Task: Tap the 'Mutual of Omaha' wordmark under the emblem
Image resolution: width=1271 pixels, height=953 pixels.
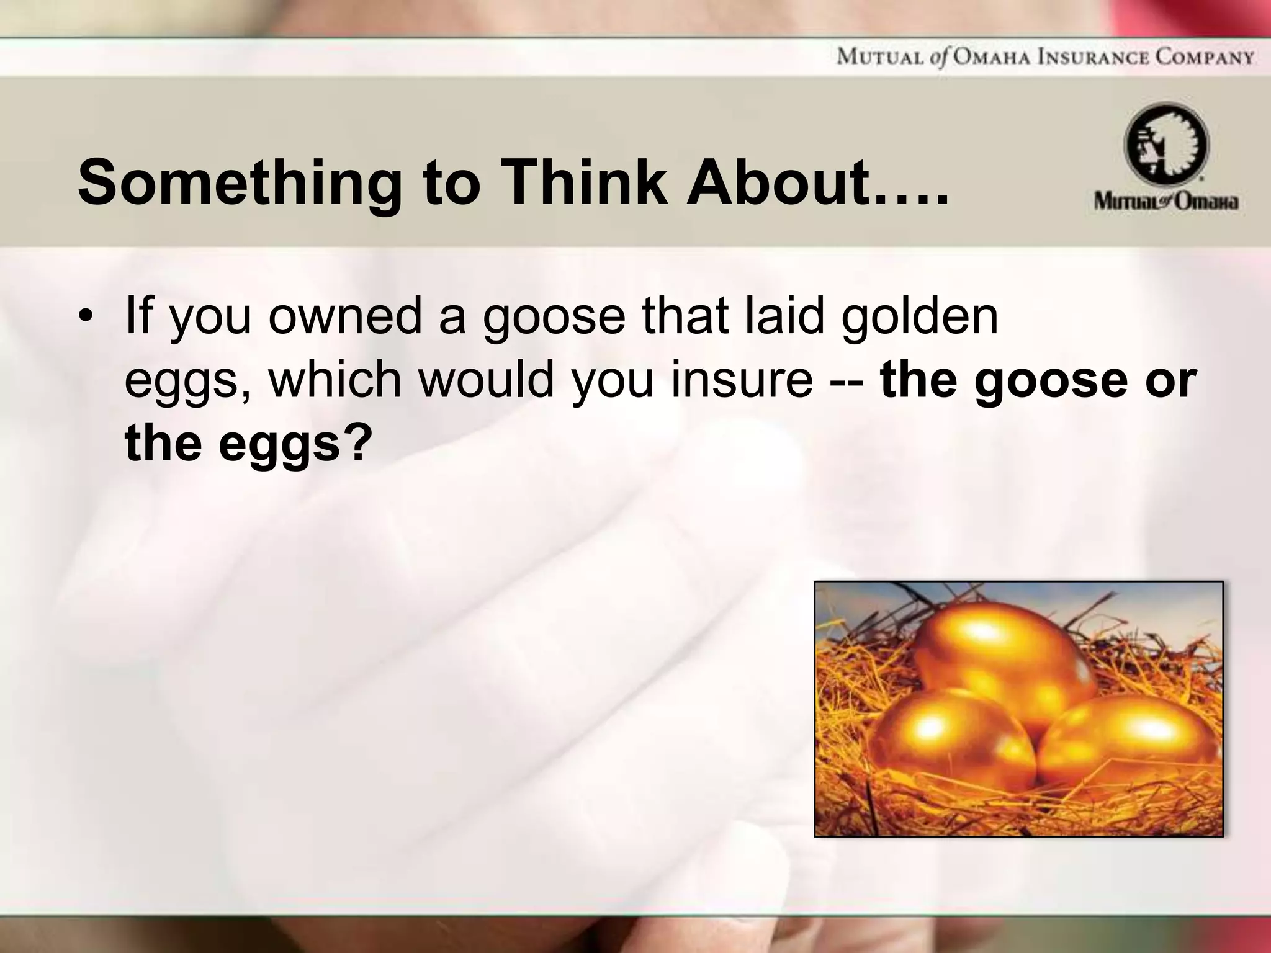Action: coord(1166,202)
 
